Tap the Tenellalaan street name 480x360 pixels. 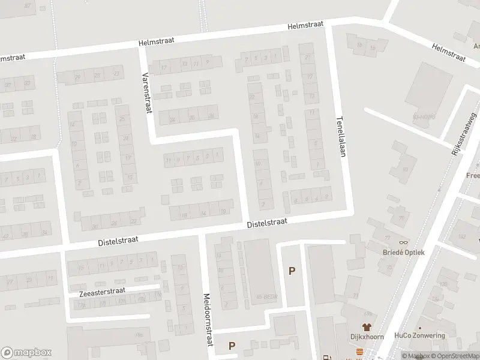pos(341,136)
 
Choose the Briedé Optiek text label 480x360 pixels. pos(403,252)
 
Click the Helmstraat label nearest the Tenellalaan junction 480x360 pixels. pos(305,25)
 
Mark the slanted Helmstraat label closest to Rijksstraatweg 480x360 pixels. pos(448,52)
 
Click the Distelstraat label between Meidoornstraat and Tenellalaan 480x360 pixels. pos(268,223)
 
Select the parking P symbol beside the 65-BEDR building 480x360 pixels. pos(292,271)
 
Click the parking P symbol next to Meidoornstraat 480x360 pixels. pos(231,346)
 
